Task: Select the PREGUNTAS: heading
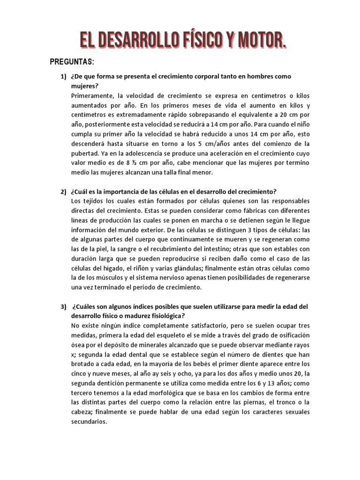72,63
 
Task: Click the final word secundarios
89,421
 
